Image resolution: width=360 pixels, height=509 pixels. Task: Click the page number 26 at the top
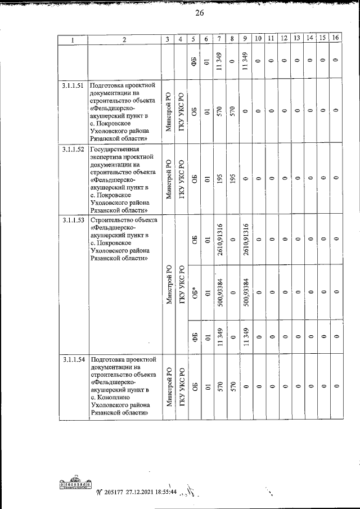(199, 14)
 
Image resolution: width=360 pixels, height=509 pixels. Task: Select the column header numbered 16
(335, 38)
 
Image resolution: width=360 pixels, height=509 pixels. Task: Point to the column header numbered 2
(123, 39)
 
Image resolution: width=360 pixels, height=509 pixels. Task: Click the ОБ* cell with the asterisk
(194, 292)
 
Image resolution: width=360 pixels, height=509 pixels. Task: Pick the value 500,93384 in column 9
(245, 292)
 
